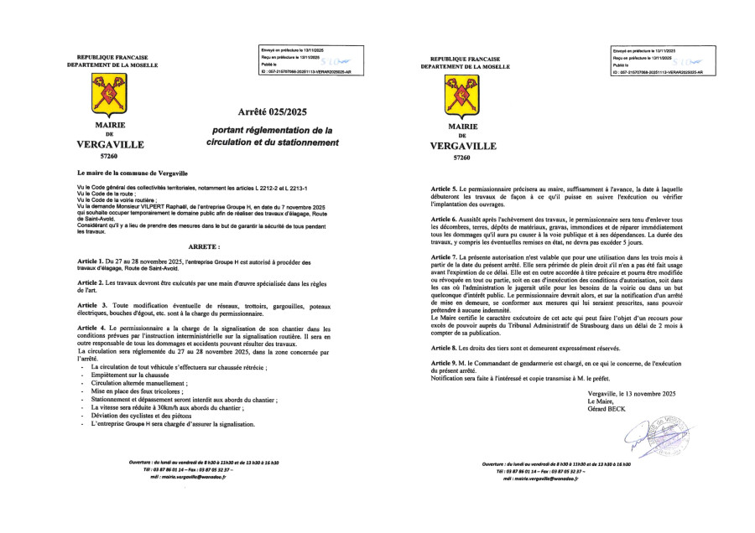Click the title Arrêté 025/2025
(273, 111)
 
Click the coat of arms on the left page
(109, 98)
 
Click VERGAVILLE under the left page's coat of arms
(110, 144)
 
